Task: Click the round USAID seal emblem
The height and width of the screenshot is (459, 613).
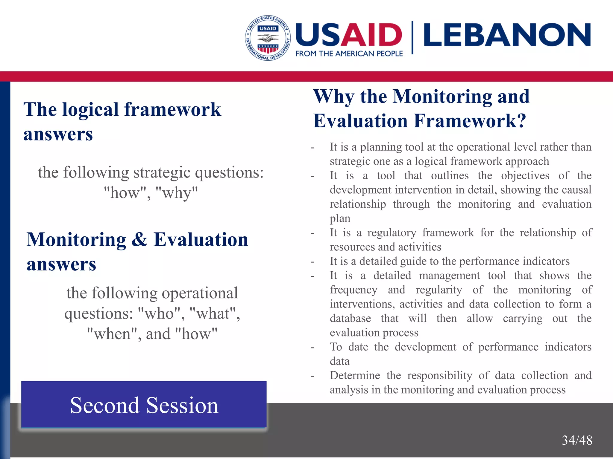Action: pos(268,38)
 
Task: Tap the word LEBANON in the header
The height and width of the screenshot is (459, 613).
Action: pos(507,35)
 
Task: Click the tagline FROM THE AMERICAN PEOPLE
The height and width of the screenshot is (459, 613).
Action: pos(349,54)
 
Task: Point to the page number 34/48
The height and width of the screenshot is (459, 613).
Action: pos(577,440)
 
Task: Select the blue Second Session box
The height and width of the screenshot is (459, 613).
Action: pos(144,405)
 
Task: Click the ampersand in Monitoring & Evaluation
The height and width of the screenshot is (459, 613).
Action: pos(139,239)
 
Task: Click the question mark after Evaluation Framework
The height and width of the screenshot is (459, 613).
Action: pos(521,121)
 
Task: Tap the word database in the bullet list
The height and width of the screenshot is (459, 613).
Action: pos(350,318)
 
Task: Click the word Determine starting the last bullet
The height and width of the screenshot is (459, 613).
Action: pos(355,375)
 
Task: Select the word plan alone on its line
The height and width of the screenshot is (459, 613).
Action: pos(340,218)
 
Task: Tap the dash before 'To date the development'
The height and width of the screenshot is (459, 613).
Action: pos(312,348)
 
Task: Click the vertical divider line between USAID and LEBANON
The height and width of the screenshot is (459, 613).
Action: pos(412,37)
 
